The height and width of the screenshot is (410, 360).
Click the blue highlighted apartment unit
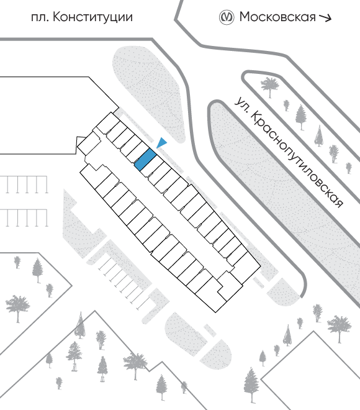145,160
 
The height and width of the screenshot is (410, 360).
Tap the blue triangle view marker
162,142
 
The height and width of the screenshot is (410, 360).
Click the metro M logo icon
226,17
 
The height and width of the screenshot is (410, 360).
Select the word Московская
277,17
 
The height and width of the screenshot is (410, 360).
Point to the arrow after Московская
325,17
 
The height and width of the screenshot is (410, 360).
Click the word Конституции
92,18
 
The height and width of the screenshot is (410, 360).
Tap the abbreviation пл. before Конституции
40,18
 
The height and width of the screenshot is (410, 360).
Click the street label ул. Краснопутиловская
288,153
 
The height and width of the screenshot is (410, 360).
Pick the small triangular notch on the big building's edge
81,139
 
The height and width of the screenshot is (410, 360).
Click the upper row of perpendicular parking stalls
24,184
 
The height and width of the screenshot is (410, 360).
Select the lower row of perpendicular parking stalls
24,218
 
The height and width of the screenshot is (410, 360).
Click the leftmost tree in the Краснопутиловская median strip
270,87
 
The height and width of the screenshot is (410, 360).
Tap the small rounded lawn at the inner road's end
286,293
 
